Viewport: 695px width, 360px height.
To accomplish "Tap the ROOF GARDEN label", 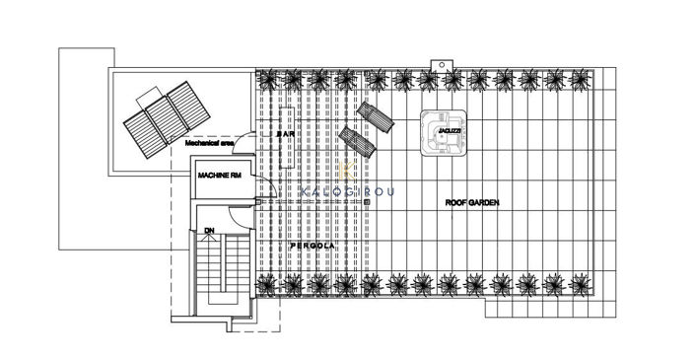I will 471,202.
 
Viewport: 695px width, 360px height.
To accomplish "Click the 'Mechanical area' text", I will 209,143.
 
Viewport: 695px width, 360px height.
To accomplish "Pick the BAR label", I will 286,133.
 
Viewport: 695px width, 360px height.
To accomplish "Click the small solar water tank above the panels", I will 153,92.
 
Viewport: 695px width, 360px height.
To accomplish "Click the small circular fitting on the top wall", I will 447,65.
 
